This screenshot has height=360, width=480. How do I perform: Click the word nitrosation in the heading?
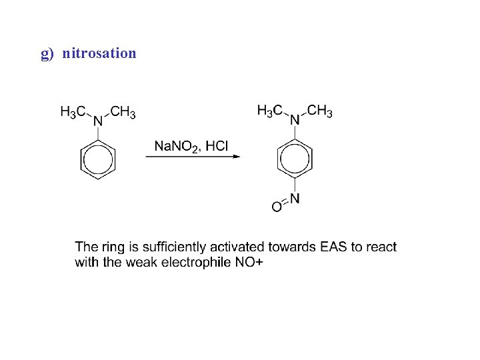pos(99,53)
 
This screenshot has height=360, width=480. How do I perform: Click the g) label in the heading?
pos(47,53)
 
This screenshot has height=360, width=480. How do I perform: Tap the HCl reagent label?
pos(217,145)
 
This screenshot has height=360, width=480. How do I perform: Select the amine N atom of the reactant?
pos(98,121)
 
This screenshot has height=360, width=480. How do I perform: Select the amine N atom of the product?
pos(295,120)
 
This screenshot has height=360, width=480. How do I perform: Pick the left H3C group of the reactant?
pos(72,112)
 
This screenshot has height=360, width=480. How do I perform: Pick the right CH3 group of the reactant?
pos(123,112)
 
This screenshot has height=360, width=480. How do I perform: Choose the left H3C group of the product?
pos(269,110)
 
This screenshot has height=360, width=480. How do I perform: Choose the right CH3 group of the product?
pos(320,110)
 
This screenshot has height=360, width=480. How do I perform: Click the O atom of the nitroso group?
pos(276,208)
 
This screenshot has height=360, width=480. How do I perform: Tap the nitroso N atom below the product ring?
pos(295,198)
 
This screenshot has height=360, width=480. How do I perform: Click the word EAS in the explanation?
pos(333,247)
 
